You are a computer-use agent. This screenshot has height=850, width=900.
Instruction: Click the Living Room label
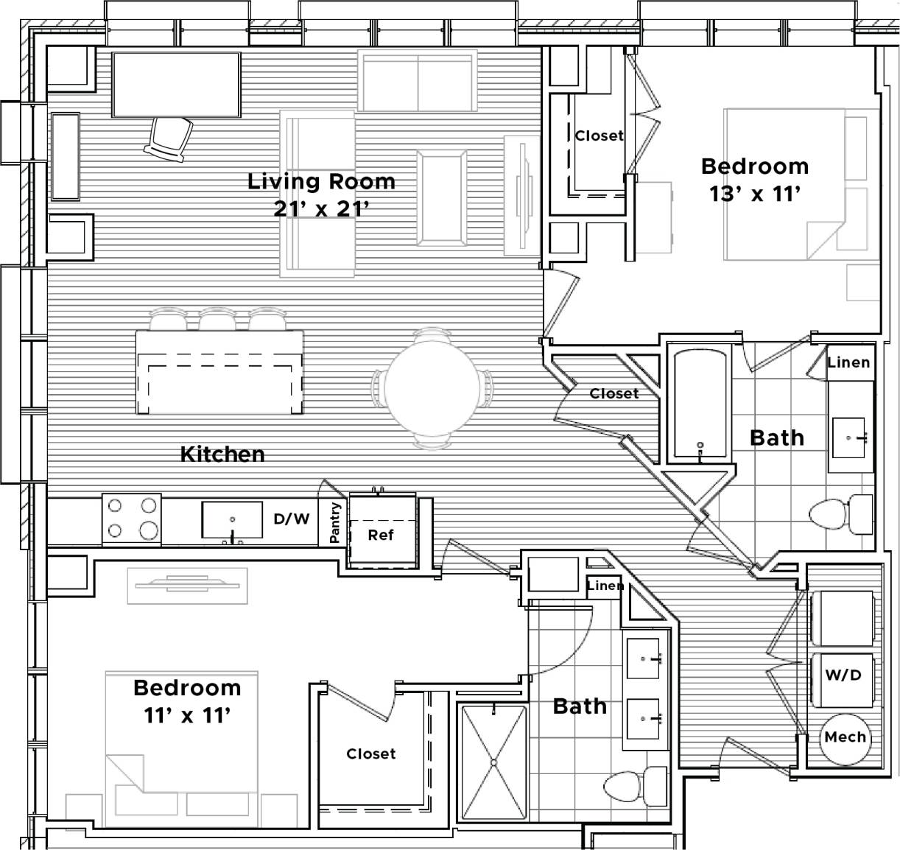pos(321,181)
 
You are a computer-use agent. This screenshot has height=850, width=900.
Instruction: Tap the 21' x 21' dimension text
pos(321,209)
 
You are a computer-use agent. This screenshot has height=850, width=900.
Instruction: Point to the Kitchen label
pos(222,454)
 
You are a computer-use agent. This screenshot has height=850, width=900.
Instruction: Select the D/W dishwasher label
pos(292,519)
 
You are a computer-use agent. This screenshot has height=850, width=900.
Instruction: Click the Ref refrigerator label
pos(381,535)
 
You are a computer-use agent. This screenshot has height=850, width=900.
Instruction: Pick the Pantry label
pos(336,523)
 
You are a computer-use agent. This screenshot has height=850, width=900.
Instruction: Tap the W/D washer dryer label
pos(843,675)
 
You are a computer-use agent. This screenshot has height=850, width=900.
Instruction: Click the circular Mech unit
pos(845,737)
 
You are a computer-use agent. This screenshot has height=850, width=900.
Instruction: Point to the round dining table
pos(432,387)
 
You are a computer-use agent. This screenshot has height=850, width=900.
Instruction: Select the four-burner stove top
pos(132,519)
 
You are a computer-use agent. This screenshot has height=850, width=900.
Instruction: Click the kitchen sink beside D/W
pos(232,521)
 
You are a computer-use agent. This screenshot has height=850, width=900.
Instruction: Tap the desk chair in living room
pos(170,138)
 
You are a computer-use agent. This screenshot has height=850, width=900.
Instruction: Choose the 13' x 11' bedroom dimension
pos(754,194)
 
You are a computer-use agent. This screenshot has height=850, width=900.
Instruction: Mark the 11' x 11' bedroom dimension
pos(188,714)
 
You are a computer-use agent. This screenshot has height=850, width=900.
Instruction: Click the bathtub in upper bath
pos(700,404)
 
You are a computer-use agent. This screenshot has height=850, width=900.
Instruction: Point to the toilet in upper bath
pos(841,514)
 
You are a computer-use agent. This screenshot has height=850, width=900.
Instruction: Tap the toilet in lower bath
pos(635,785)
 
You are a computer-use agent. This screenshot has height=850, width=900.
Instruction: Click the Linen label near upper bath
pos(848,362)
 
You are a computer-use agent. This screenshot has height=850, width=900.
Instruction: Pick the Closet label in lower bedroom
pos(371,754)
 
